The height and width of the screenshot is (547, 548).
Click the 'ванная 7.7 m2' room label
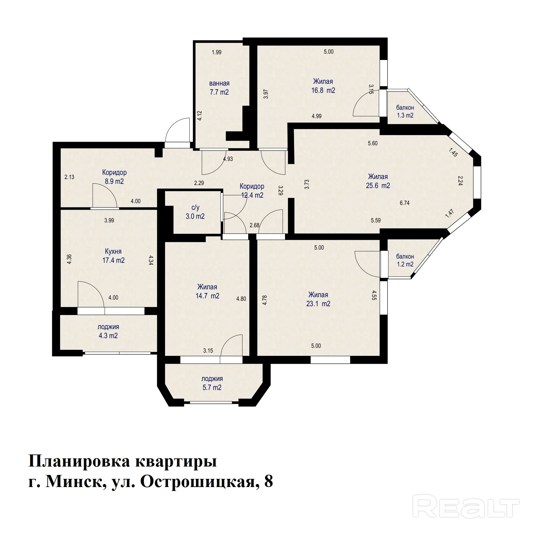pyautogui.click(x=219, y=88)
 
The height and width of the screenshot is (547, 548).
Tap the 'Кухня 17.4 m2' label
pyautogui.click(x=113, y=256)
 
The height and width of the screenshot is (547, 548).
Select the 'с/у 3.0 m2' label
pyautogui.click(x=195, y=212)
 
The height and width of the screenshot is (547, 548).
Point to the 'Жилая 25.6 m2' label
pyautogui.click(x=378, y=181)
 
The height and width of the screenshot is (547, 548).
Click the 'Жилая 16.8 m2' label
pyautogui.click(x=323, y=86)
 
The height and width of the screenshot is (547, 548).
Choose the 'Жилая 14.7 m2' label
pyautogui.click(x=207, y=291)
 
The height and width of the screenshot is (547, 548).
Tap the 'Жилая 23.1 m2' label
pyautogui.click(x=318, y=299)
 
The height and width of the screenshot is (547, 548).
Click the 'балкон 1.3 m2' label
pyautogui.click(x=405, y=111)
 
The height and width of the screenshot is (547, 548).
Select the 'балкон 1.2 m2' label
pyautogui.click(x=405, y=260)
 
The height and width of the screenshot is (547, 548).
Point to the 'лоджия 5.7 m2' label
pyautogui.click(x=212, y=383)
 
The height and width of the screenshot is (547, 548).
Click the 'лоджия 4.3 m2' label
pyautogui.click(x=108, y=331)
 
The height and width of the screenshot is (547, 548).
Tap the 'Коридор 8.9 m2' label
pyautogui.click(x=114, y=177)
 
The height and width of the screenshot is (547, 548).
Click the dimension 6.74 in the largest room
pyautogui.click(x=404, y=203)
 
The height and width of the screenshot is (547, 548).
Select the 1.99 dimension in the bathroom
pyautogui.click(x=217, y=52)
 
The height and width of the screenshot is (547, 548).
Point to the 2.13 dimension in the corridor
pyautogui.click(x=69, y=177)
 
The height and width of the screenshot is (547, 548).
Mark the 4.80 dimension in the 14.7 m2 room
pyautogui.click(x=241, y=299)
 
